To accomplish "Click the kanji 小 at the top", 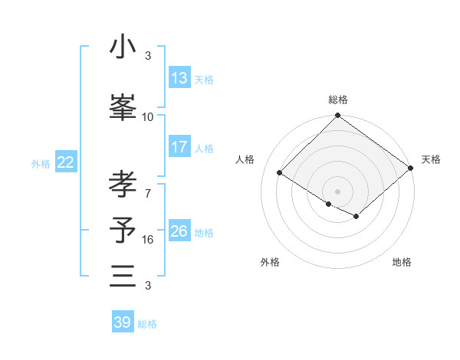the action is (123, 47).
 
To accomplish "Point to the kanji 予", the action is (123, 229).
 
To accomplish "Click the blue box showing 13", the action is (179, 78).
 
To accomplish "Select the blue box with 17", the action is (179, 147).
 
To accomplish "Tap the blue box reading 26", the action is (179, 231).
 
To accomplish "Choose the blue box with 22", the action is (66, 162).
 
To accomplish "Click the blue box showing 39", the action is (123, 322).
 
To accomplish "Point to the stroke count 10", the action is (148, 116).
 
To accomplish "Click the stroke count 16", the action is (148, 240).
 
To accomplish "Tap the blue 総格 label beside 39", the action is (147, 324).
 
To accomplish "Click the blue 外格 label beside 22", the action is (41, 163).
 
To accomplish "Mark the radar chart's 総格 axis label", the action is (337, 100).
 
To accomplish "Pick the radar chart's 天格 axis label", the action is (431, 159).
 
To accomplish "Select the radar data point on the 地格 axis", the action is (356, 217).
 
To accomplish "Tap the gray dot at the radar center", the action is (337, 191).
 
